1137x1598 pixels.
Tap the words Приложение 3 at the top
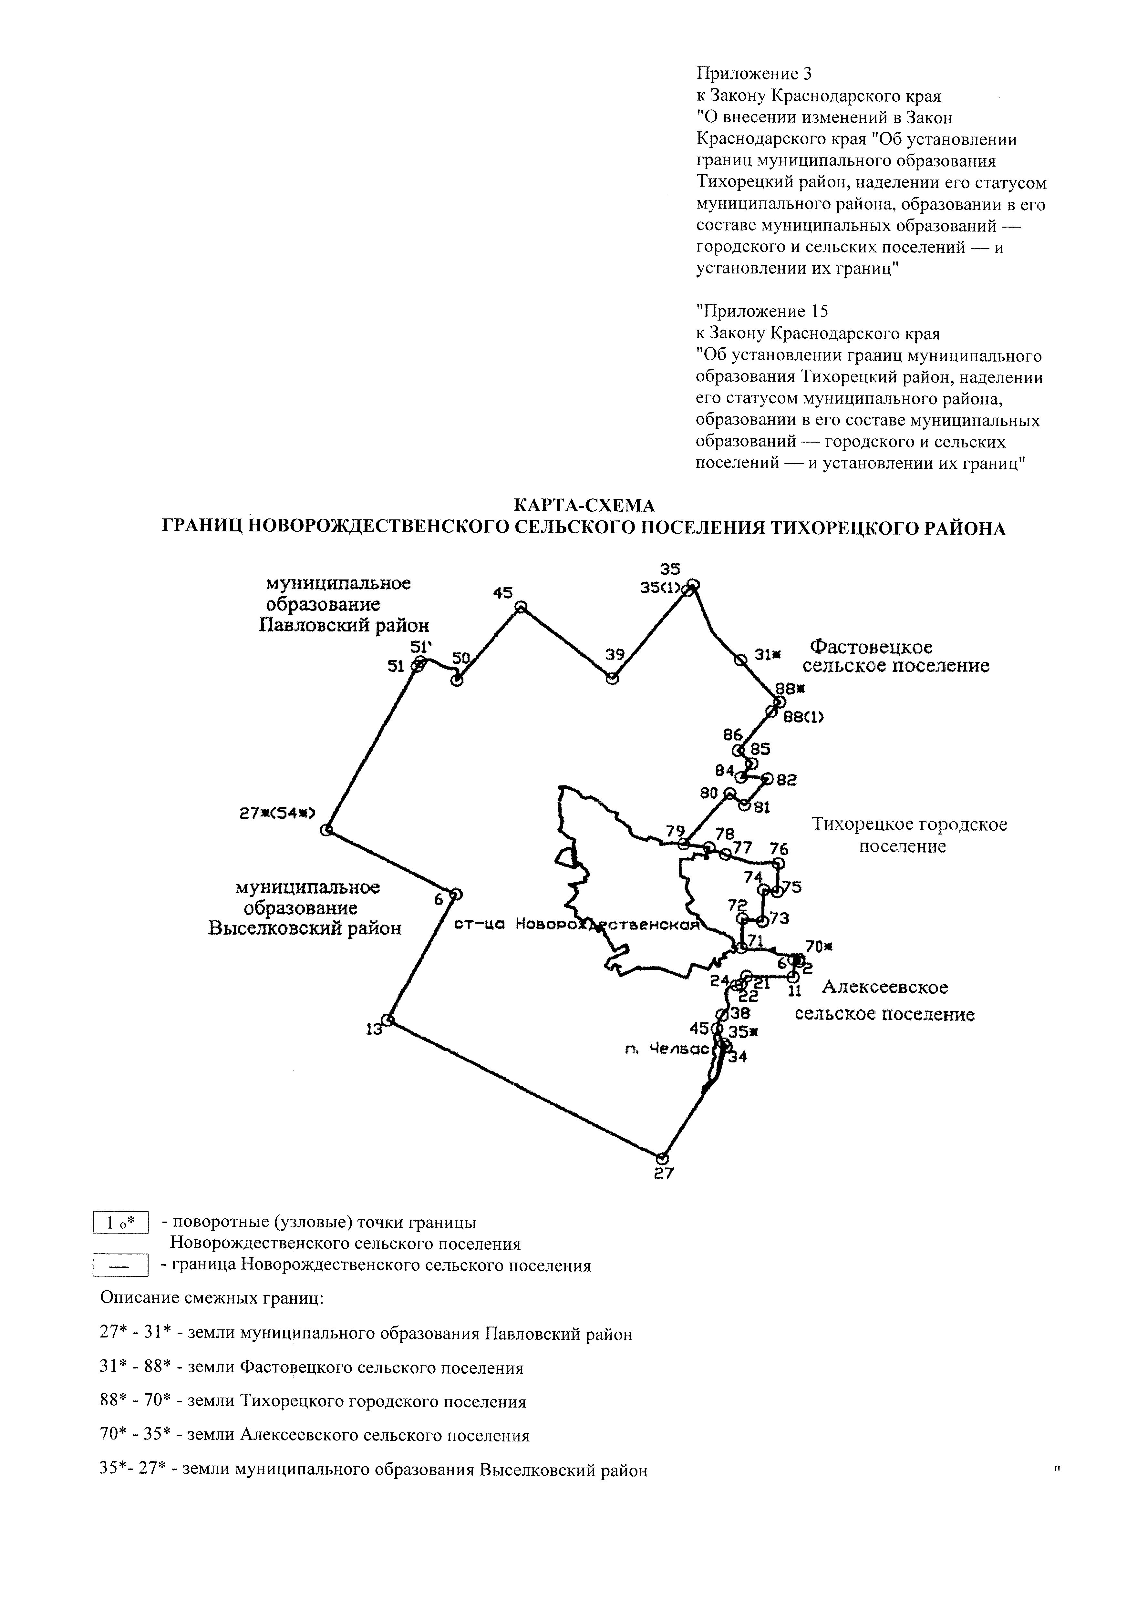tap(753, 74)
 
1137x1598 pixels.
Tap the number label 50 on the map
tap(461, 658)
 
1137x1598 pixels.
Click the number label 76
tap(779, 849)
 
